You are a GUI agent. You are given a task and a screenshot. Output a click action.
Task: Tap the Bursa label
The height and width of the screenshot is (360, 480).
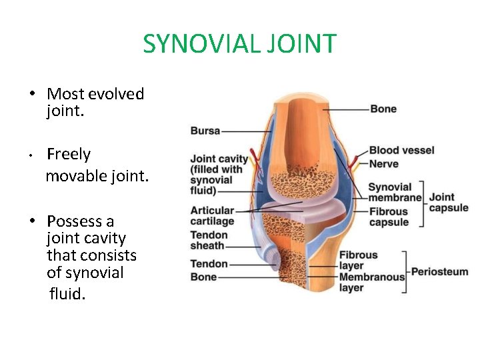tap(205, 131)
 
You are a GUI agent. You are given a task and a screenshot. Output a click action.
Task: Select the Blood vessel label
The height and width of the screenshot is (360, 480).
tap(401, 151)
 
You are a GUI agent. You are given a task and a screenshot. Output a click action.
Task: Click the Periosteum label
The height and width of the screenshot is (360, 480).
tap(439, 272)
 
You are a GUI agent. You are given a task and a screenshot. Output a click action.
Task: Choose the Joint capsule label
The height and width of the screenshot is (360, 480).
tap(448, 202)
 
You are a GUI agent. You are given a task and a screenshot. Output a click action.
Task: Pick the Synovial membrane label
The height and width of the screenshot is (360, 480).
tap(395, 192)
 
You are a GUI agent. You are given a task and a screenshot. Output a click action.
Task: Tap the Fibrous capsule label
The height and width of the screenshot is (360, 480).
tap(389, 217)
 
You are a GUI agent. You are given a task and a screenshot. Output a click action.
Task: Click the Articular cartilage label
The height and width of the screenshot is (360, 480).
tap(213, 216)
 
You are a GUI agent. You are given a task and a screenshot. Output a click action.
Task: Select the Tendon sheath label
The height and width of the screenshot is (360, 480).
tap(209, 240)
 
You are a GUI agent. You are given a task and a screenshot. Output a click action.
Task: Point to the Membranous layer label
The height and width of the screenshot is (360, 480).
tap(371, 282)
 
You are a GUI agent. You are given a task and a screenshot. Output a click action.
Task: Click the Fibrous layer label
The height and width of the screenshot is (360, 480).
tap(359, 260)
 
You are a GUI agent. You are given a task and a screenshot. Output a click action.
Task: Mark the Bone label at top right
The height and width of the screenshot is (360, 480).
tap(383, 109)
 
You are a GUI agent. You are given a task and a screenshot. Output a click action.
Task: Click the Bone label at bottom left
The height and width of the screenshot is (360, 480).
tap(204, 277)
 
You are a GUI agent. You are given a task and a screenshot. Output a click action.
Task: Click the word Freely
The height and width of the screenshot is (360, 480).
tap(69, 155)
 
